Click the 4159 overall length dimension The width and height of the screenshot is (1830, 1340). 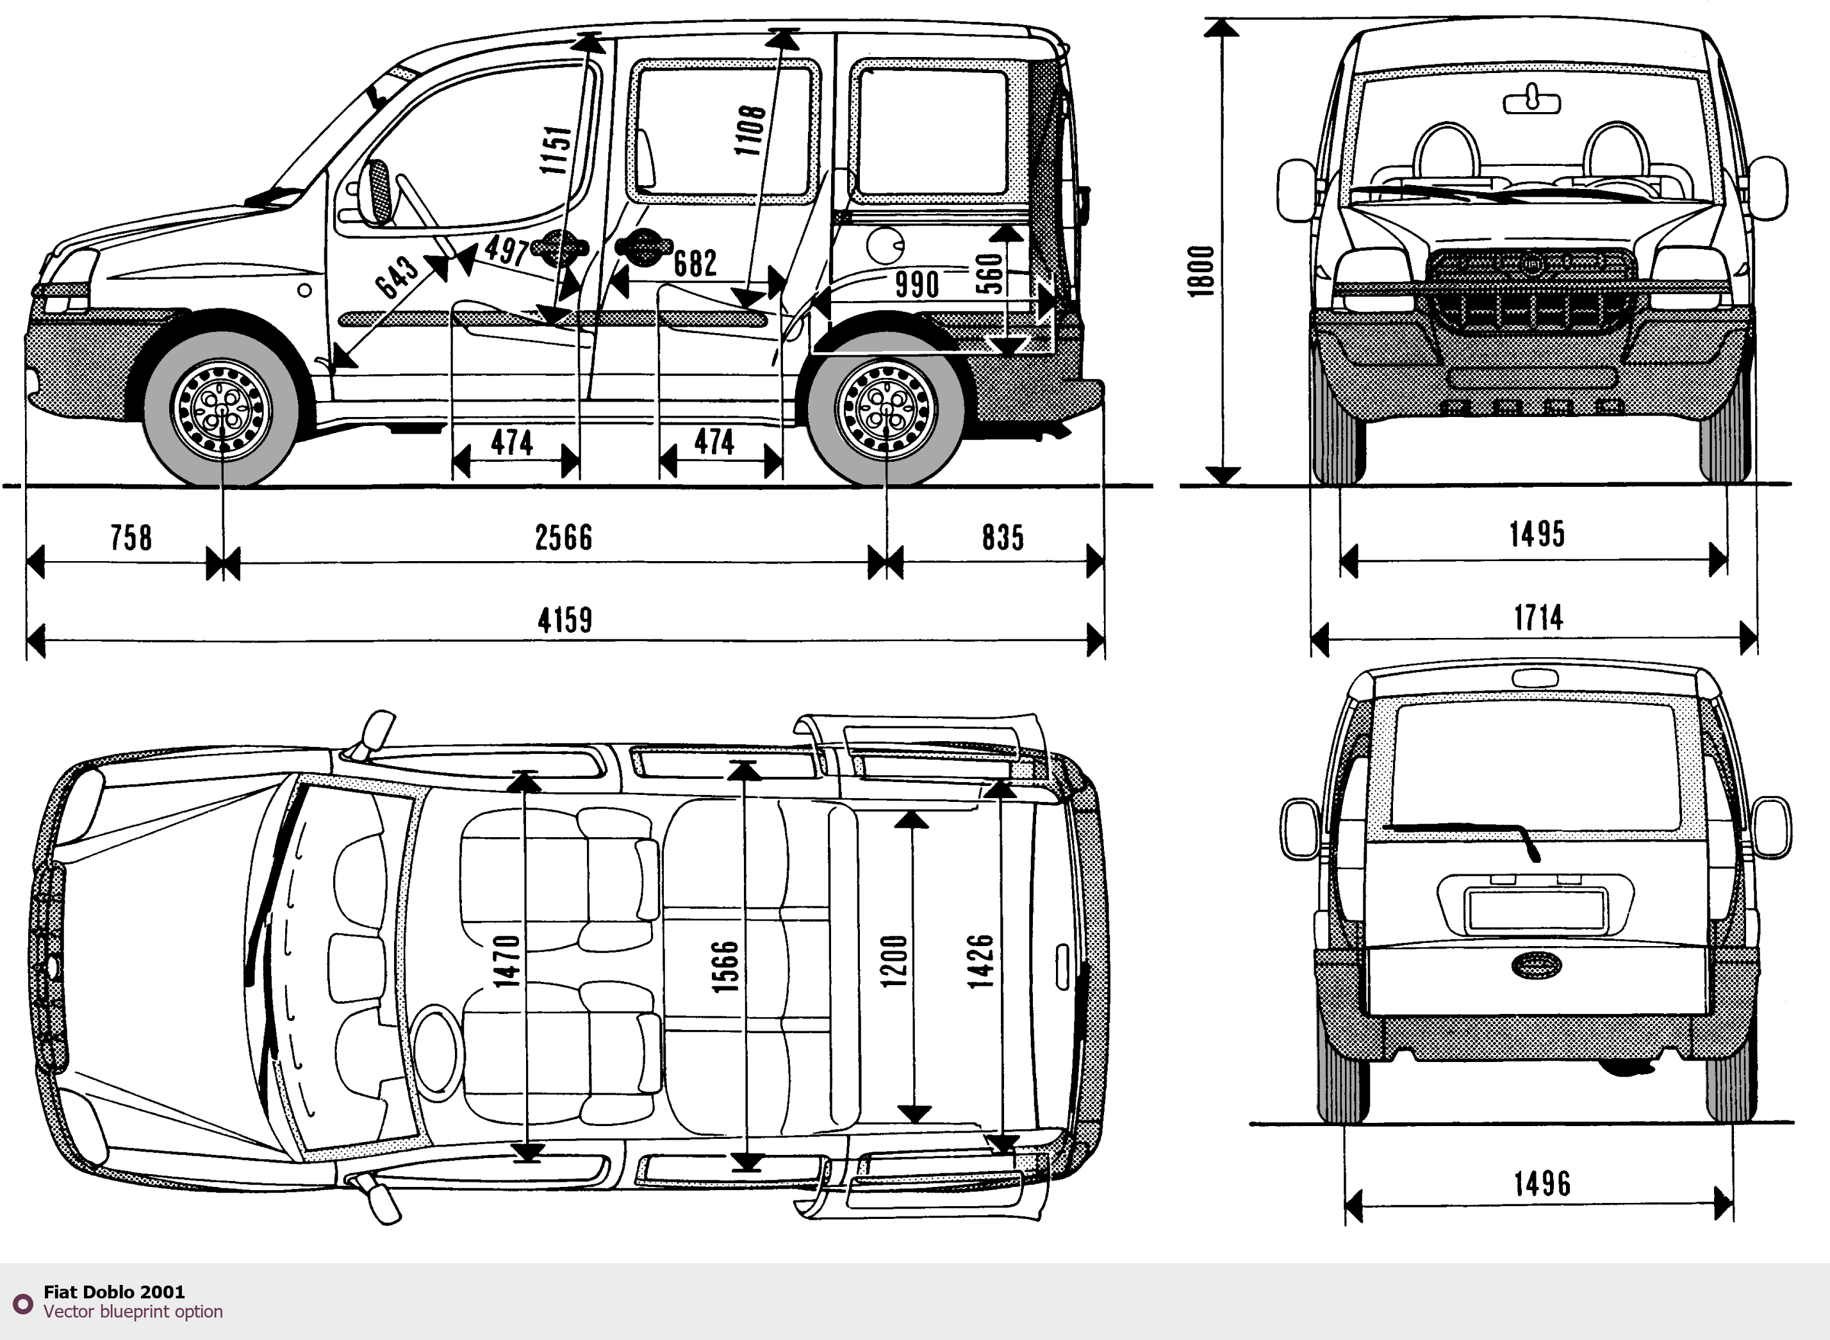pos(565,621)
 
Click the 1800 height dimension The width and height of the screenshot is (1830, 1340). pos(1200,271)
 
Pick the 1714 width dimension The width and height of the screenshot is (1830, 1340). pos(1538,618)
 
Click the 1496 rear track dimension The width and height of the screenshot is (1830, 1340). pos(1542,1184)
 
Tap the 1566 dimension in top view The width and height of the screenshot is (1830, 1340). pos(725,966)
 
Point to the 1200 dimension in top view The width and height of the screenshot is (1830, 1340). pos(893,961)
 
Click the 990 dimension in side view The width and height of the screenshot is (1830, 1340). pos(916,284)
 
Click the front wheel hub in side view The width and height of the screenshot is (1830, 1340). pos(222,408)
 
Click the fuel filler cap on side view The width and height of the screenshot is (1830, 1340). pos(885,244)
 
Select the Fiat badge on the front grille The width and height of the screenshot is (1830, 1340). pos(1532,265)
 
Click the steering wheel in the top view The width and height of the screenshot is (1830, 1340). pos(436,1051)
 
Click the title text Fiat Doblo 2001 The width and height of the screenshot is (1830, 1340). pos(113,1292)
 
